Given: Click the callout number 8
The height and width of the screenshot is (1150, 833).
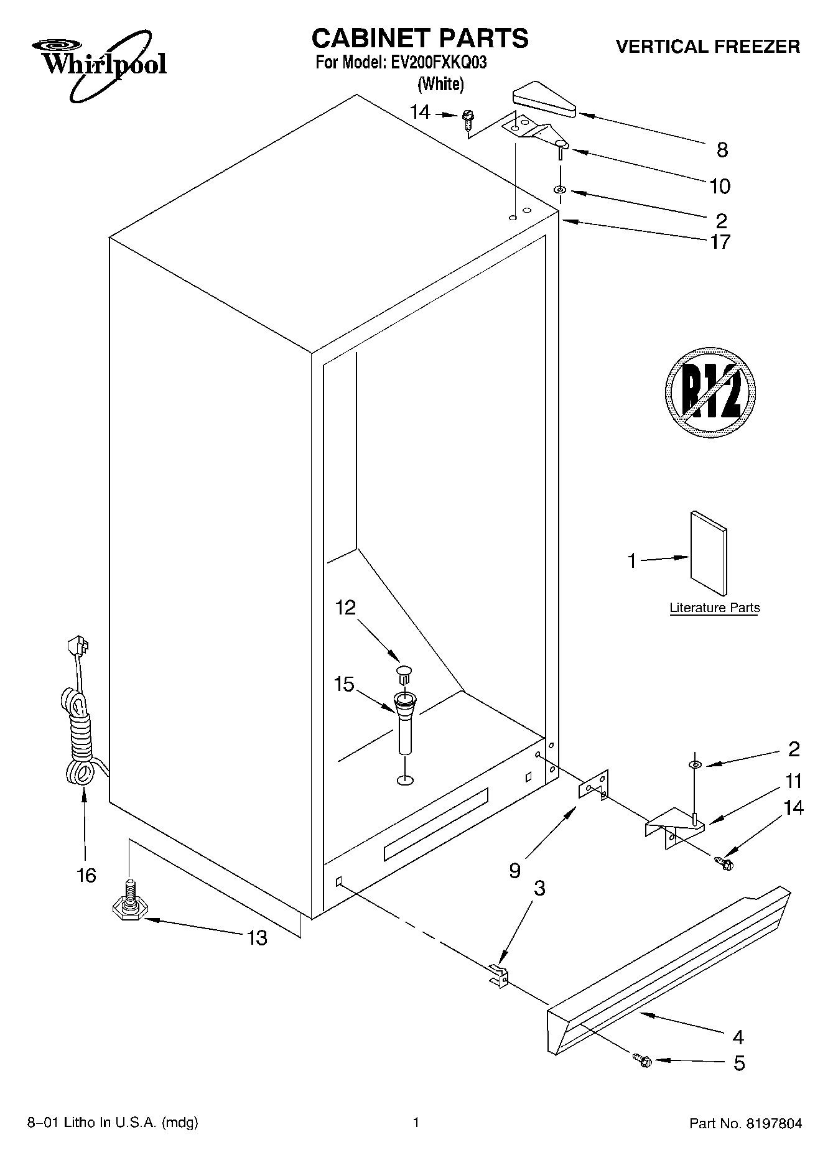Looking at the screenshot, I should click(722, 149).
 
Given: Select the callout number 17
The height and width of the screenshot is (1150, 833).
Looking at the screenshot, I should click(720, 241).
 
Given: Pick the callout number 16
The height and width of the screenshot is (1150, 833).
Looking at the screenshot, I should click(86, 876).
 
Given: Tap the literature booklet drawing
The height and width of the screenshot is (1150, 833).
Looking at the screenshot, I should click(708, 554).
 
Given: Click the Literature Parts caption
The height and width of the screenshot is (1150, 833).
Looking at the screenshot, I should click(714, 608).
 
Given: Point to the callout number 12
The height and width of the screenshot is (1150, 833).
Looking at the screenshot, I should click(345, 607).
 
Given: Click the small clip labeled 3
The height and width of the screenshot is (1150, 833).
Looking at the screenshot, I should click(498, 974).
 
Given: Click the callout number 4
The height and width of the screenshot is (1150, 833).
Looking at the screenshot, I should click(738, 1037).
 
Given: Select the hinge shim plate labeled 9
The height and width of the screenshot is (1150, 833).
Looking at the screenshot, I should click(593, 786).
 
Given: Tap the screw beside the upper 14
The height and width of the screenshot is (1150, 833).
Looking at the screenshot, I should click(467, 119).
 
